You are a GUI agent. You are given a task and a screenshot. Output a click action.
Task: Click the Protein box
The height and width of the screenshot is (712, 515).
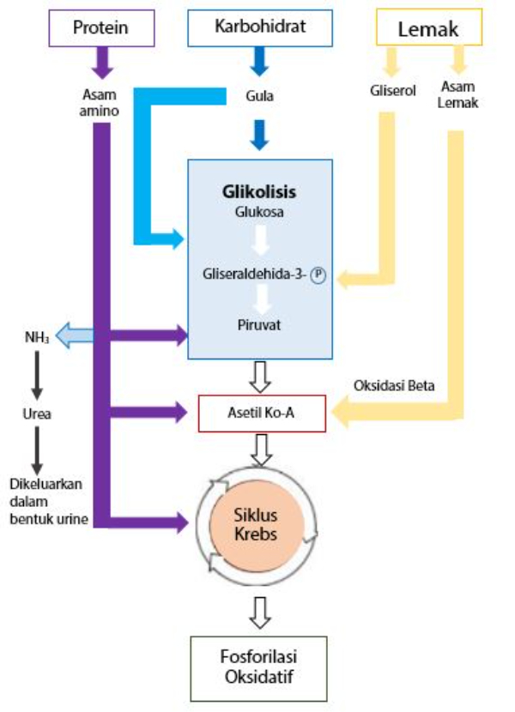coord(100,28)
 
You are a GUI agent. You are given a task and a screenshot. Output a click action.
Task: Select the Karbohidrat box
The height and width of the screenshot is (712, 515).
coord(259,27)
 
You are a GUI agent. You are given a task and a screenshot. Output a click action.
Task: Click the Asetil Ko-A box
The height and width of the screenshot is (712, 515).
coord(262,413)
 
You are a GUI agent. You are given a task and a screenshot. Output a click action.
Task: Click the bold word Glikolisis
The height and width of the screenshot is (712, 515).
coord(259,190)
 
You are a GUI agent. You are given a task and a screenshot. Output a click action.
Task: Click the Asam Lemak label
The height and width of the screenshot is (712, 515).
coord(457,94)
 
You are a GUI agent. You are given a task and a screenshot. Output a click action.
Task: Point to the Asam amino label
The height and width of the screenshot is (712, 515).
coord(101,102)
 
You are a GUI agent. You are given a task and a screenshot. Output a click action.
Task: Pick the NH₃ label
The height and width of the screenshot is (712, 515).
coord(36,335)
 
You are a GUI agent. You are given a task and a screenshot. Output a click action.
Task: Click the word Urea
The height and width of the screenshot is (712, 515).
coord(36,413)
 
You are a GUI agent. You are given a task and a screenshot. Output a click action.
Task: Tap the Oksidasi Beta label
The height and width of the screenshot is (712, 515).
coord(394,385)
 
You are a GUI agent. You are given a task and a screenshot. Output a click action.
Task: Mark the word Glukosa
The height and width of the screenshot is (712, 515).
coord(259,211)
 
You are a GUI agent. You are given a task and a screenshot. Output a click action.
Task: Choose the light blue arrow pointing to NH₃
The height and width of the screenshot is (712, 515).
coord(75,335)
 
